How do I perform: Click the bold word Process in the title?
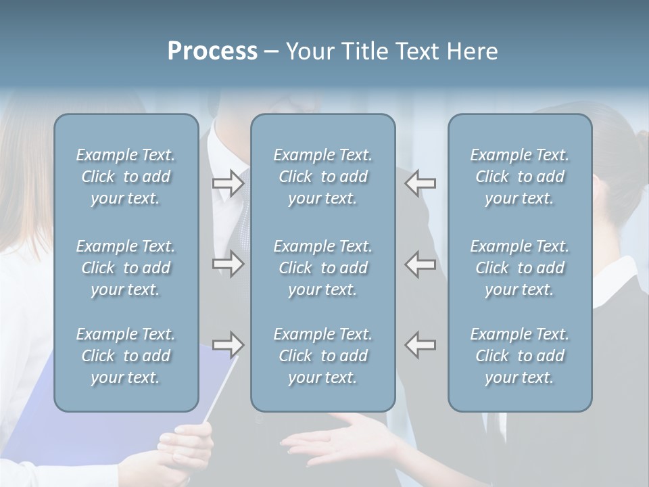212,51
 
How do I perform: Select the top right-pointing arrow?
228,183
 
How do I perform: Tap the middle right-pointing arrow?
228,264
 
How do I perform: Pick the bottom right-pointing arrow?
228,345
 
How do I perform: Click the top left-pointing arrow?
420,183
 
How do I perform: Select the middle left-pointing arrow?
420,264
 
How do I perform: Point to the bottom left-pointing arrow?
420,344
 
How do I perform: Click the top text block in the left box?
126,177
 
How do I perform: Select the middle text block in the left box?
126,268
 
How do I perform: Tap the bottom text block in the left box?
126,356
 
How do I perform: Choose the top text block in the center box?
322,177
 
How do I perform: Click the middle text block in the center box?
322,268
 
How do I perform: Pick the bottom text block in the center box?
322,356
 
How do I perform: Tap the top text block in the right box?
520,177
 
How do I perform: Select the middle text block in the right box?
520,268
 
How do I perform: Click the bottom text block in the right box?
520,356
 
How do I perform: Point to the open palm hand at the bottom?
338,443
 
